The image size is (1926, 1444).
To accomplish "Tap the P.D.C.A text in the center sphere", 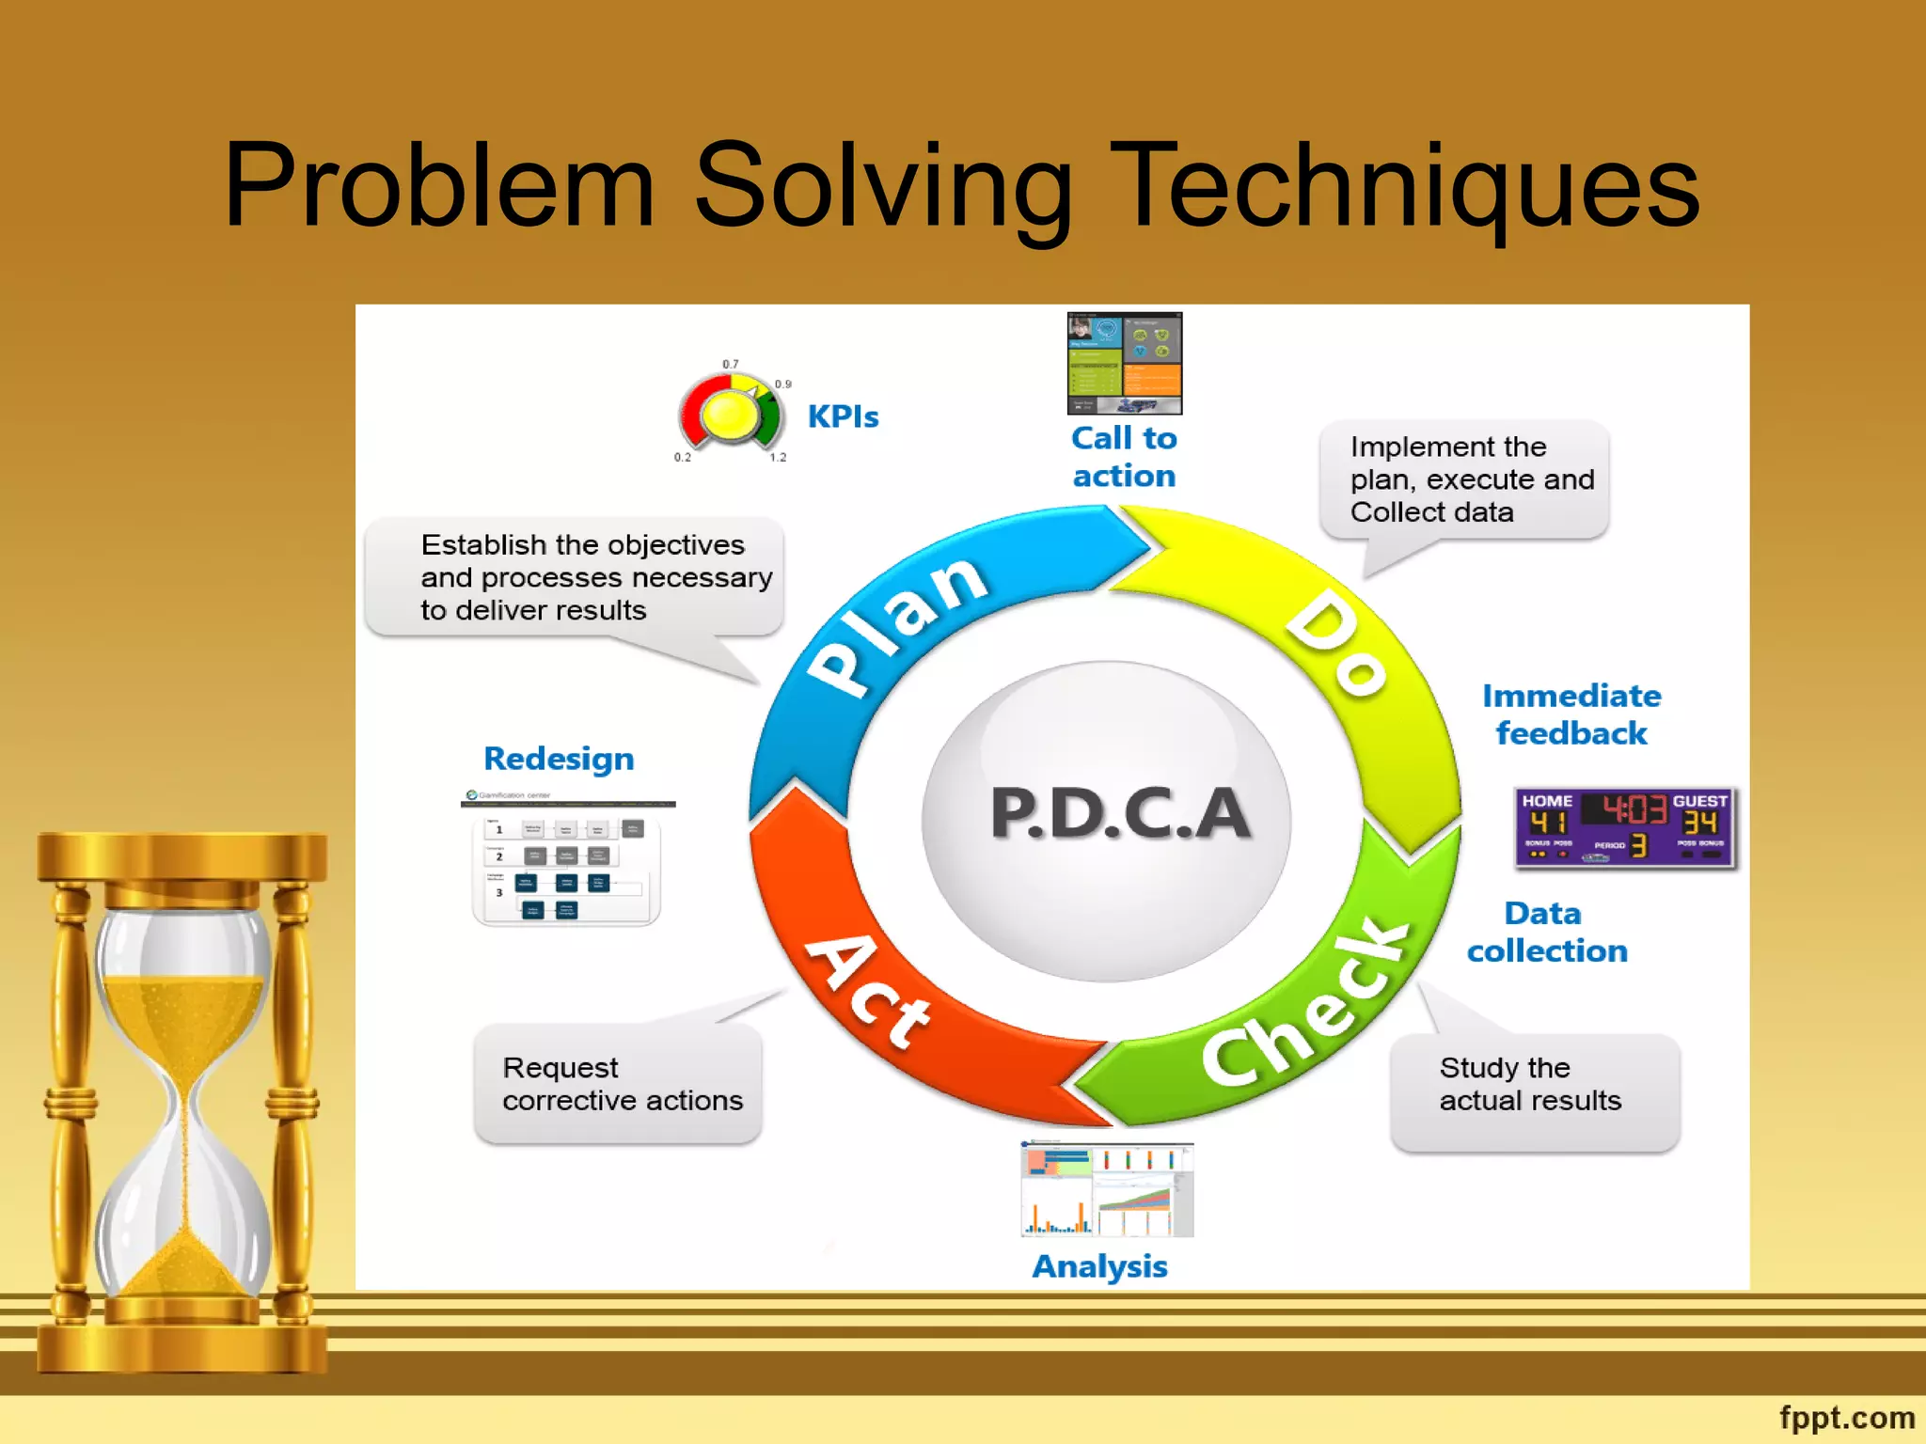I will pos(1119,813).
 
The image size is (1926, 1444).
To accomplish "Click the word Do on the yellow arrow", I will pos(1336,645).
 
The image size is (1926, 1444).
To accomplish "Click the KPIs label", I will pos(843,416).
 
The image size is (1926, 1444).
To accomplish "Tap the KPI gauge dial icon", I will pos(731,414).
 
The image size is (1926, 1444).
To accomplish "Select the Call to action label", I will pos(1124,457).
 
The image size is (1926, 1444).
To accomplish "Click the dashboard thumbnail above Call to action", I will pos(1124,364).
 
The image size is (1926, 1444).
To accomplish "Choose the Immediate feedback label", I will pos(1571,714).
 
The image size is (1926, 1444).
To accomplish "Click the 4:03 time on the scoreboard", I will pos(1634,808).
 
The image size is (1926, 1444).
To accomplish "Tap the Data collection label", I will pos(1546,932).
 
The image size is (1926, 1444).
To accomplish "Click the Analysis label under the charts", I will pos(1099,1266).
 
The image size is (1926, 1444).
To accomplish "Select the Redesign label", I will pos(559,759).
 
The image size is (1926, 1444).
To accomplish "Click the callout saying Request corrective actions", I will pos(620,1084).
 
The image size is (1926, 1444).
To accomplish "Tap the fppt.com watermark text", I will pos(1846,1417).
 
